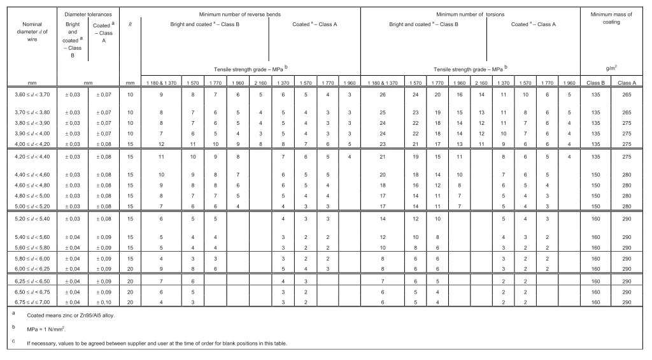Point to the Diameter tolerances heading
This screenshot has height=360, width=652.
pos(89,13)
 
